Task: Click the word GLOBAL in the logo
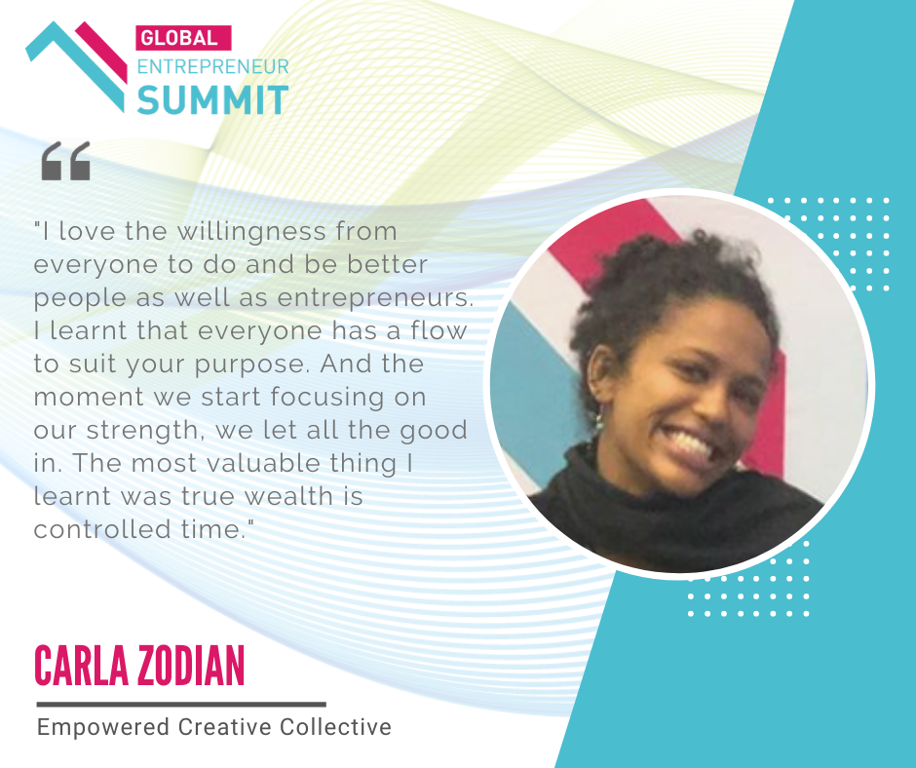179,39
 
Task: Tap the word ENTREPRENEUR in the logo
213,66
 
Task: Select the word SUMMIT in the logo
212,100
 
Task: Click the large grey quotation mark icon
66,161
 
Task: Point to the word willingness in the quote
251,232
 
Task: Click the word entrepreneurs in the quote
375,297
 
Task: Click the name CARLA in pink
81,666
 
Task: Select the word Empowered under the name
103,728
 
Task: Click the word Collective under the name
335,727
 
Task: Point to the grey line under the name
181,705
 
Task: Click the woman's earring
599,421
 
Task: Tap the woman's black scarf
671,515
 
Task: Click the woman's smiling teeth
691,443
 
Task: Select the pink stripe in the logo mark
101,52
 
